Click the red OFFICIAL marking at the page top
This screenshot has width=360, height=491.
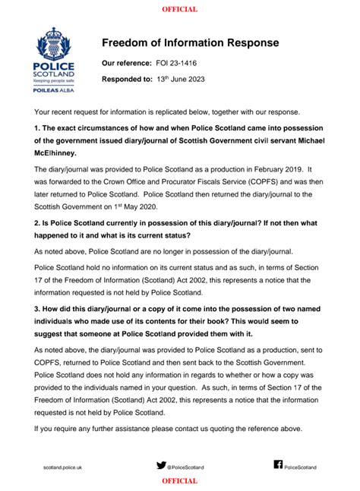click(180, 9)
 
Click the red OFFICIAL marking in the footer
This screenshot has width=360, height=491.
click(180, 481)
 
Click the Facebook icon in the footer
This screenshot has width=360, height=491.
click(277, 464)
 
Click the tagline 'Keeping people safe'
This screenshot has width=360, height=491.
click(54, 80)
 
